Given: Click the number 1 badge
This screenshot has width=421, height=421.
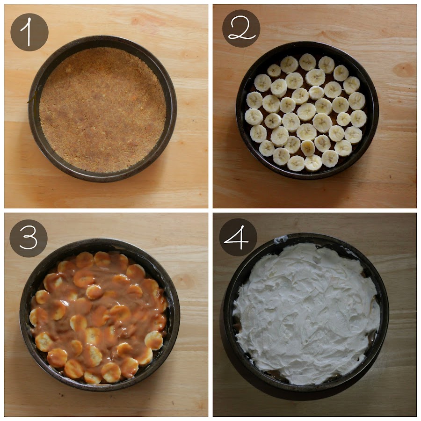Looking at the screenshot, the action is coord(29,32).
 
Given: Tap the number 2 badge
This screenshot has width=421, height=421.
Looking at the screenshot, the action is coord(241,29).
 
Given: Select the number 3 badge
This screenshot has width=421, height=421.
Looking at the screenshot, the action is coord(29,239).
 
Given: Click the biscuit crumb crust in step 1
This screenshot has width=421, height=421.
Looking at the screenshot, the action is coord(102,110).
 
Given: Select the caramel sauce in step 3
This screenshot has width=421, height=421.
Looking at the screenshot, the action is coord(99,317).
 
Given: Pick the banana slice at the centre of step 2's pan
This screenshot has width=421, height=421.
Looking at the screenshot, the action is coord(306,111).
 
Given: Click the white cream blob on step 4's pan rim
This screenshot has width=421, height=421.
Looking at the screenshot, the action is coord(281,239).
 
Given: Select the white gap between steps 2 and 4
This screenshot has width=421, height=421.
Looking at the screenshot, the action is coord(315,210).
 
